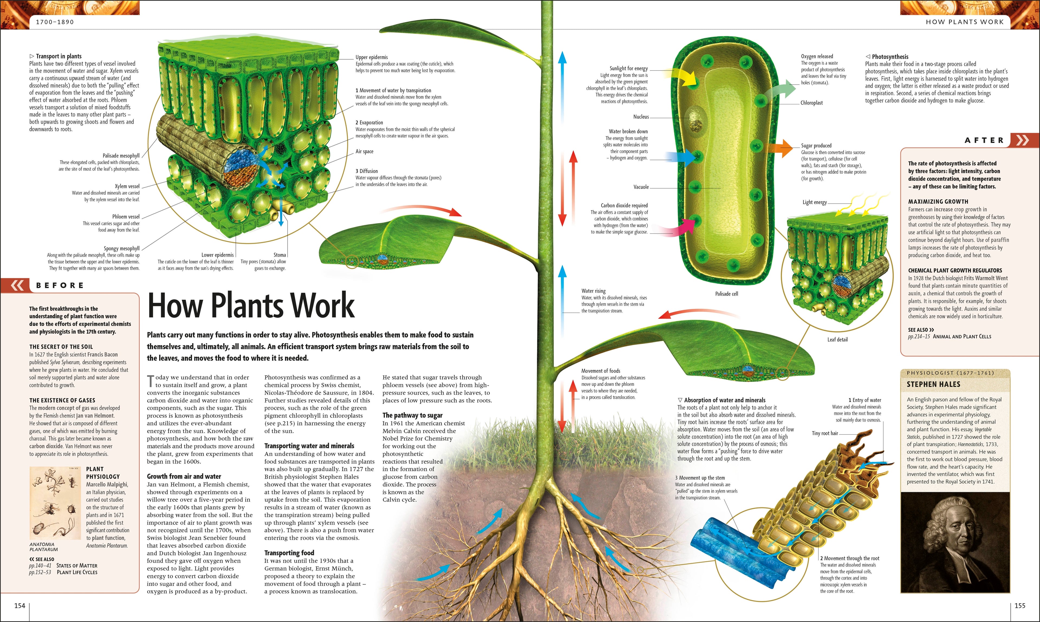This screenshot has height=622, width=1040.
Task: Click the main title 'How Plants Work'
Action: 251,305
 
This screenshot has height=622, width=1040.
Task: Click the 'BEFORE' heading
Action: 60,285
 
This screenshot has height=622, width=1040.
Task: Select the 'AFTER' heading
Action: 984,140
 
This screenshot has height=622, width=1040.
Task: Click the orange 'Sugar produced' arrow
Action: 782,148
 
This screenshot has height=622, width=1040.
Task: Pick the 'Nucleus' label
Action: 641,117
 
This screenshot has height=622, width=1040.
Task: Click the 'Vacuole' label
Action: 641,187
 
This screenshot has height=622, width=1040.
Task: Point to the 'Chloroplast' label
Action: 811,103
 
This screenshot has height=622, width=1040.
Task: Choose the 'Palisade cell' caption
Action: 726,294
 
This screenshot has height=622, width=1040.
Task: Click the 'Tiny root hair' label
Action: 825,433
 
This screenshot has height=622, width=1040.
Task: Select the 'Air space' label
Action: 364,151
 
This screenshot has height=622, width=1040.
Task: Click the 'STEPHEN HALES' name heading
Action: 933,384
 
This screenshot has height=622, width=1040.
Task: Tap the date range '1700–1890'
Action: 55,22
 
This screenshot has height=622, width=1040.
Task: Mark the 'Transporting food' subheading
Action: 289,553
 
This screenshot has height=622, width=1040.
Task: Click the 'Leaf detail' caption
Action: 837,340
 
